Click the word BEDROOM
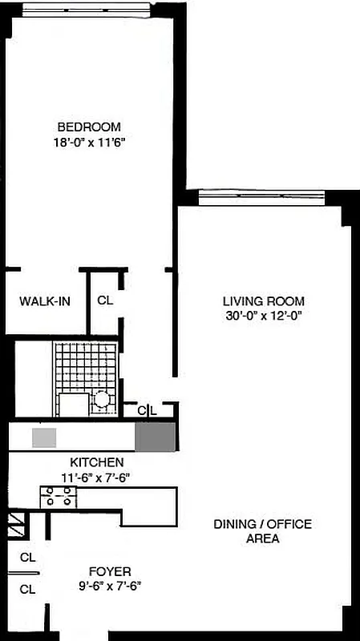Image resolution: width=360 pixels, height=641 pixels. [88, 127]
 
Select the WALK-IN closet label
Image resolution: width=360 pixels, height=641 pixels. [44, 301]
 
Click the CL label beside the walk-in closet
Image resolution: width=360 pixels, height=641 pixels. [104, 301]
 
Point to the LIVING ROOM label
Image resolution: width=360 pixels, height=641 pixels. [263, 300]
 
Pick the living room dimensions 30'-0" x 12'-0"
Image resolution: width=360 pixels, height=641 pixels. [263, 316]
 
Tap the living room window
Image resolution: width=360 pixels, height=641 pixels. [261, 197]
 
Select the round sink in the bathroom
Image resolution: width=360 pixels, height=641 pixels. [103, 398]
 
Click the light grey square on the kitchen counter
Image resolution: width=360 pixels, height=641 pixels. [44, 437]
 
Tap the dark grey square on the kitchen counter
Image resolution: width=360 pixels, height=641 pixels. [154, 437]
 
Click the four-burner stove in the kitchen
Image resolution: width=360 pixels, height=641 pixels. [58, 497]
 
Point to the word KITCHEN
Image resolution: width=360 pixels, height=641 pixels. [96, 462]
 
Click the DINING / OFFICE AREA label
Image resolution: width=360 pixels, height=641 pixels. [262, 531]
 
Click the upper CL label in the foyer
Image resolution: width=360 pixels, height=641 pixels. [27, 557]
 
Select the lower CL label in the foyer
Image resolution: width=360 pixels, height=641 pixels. [27, 589]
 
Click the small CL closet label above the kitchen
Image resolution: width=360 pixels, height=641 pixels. [146, 410]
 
